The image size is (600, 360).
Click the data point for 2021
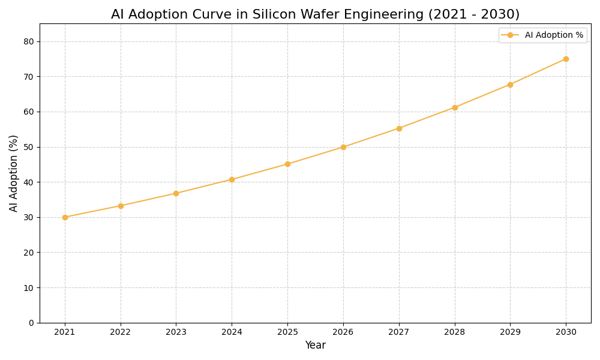tap(65, 217)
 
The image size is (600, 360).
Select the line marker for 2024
tap(232, 179)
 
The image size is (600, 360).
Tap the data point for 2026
tap(343, 147)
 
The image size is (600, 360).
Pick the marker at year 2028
tap(455, 107)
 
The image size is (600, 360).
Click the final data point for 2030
tap(566, 59)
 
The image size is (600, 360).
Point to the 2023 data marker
tap(176, 193)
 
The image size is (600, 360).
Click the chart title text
tap(315, 14)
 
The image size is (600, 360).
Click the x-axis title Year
tap(315, 346)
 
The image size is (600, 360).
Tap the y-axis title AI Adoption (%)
tap(14, 173)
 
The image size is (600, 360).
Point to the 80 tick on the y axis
tap(29, 41)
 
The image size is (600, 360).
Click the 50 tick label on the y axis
tap(29, 147)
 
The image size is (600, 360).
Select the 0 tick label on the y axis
tap(31, 323)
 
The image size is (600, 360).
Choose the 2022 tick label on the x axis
tap(121, 332)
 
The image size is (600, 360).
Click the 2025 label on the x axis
tap(287, 332)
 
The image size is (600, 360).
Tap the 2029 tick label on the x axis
tap(510, 332)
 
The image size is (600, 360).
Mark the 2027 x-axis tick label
tap(399, 332)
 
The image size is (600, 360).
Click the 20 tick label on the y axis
tap(29, 253)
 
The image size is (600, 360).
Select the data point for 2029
tap(510, 85)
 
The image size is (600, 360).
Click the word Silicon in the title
tap(268, 14)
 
